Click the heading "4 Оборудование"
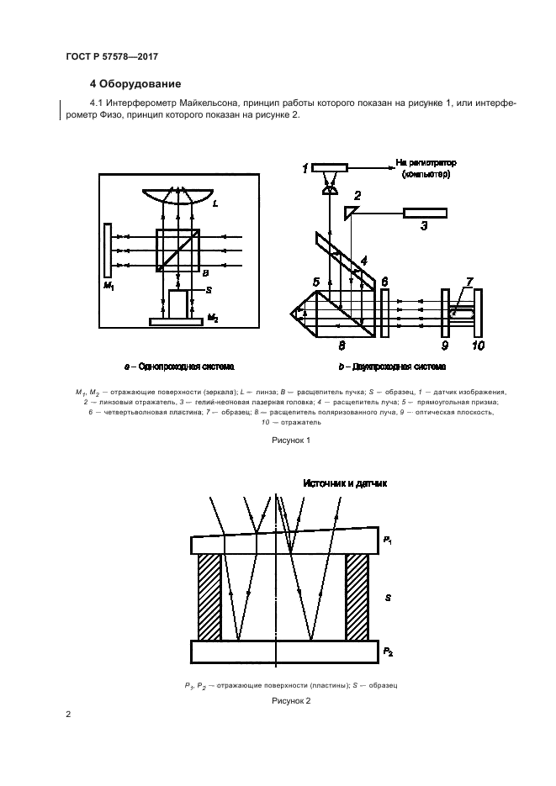pyautogui.click(x=135, y=84)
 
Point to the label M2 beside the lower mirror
pyautogui.click(x=214, y=318)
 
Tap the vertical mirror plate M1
pyautogui.click(x=108, y=250)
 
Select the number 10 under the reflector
pyautogui.click(x=478, y=345)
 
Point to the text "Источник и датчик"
pyautogui.click(x=345, y=483)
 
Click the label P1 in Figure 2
pyautogui.click(x=387, y=540)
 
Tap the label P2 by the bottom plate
pyautogui.click(x=387, y=651)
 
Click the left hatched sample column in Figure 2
pyautogui.click(x=210, y=597)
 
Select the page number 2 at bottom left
pyautogui.click(x=68, y=715)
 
